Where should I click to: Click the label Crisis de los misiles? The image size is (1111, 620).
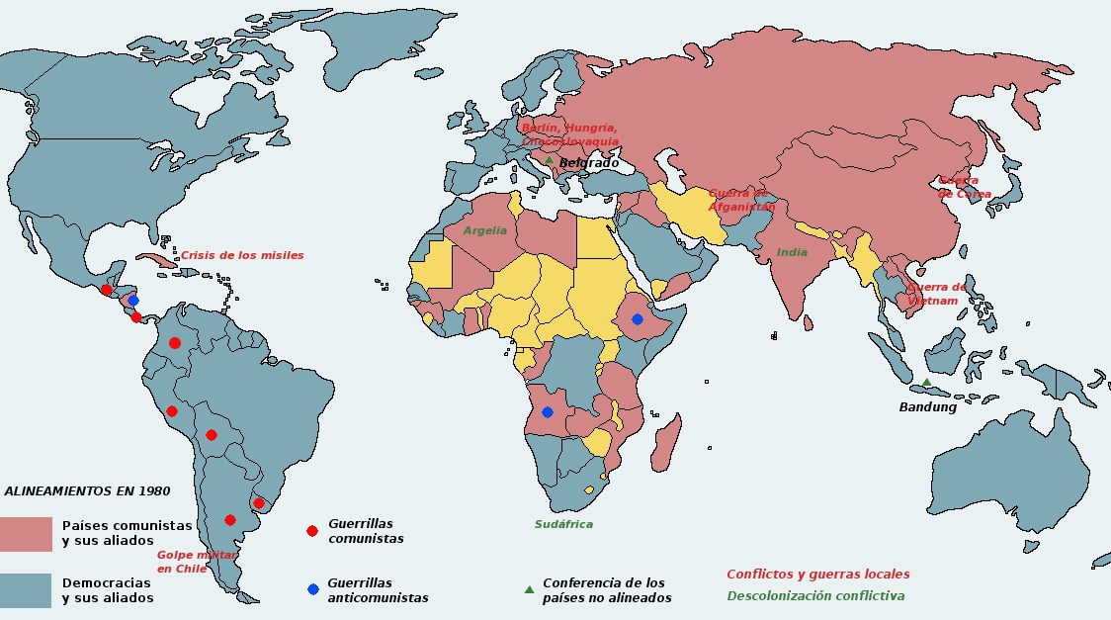(242, 255)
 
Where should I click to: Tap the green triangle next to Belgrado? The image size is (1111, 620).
(549, 160)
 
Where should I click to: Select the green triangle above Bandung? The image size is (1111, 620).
(926, 383)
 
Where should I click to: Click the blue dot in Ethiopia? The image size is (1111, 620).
(638, 319)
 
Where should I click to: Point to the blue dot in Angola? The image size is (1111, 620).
(547, 412)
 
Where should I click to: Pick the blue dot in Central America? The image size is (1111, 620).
(133, 301)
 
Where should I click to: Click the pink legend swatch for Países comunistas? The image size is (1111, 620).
(26, 534)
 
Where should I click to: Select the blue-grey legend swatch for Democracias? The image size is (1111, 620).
(26, 590)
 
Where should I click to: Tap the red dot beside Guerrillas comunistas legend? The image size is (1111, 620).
(312, 531)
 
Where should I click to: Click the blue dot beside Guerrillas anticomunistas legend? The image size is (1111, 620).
(313, 589)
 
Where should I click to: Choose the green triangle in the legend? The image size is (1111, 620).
(529, 590)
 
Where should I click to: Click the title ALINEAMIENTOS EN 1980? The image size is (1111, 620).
(87, 490)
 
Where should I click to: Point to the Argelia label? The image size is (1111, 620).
(484, 230)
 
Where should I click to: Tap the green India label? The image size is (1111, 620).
(792, 252)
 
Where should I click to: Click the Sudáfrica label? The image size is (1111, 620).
(563, 524)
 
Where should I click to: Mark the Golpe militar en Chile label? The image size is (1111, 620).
(196, 562)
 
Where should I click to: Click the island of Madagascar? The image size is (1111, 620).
(666, 443)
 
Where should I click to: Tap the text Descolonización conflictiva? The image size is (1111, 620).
(815, 596)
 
